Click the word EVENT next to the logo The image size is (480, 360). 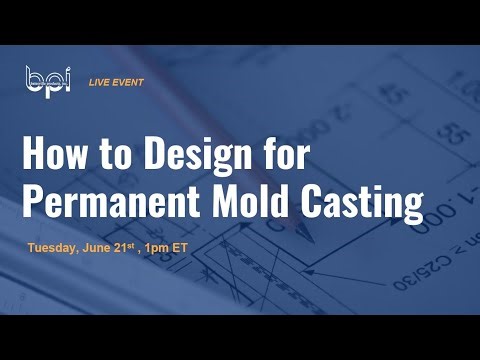tap(131, 80)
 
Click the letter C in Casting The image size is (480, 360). tap(317, 203)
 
